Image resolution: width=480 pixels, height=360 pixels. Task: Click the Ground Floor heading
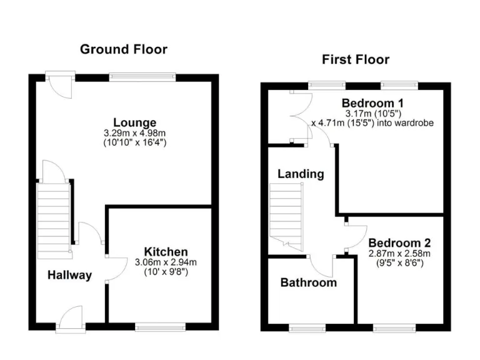click(x=123, y=49)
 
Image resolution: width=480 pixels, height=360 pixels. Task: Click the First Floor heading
click(x=355, y=60)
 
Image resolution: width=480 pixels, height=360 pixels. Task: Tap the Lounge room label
click(x=134, y=122)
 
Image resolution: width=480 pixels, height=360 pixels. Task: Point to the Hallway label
click(x=70, y=275)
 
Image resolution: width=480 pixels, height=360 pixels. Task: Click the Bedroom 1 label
click(x=372, y=102)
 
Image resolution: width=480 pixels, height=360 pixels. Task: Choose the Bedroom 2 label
click(x=399, y=243)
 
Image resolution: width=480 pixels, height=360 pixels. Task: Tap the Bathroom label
click(x=308, y=282)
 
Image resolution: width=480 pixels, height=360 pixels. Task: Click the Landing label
click(x=301, y=174)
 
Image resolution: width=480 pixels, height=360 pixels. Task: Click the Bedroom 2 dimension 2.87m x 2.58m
click(x=399, y=254)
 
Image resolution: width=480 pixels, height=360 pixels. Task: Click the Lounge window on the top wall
click(x=142, y=77)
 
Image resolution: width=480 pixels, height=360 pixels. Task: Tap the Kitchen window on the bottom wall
click(x=161, y=326)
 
